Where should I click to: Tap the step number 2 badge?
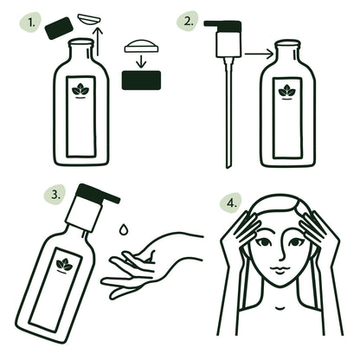click(188, 22)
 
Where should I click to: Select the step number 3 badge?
click(55, 194)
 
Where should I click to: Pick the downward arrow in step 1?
click(141, 62)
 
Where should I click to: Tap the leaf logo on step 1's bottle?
click(80, 89)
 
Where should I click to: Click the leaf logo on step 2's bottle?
click(286, 90)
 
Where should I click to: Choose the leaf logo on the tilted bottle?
click(63, 265)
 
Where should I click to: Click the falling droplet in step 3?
click(125, 229)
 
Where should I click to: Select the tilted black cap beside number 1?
click(60, 29)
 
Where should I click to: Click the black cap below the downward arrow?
click(141, 80)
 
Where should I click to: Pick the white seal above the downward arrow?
click(141, 45)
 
